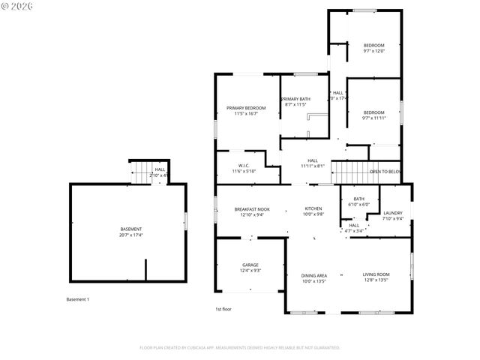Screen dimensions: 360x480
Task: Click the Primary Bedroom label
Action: pyautogui.click(x=246, y=108)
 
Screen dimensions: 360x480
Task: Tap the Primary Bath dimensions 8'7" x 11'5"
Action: pyautogui.click(x=295, y=105)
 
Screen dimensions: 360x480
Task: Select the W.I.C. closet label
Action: pyautogui.click(x=244, y=165)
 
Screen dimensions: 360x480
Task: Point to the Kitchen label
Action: pyautogui.click(x=313, y=208)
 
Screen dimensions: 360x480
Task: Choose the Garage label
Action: pyautogui.click(x=250, y=265)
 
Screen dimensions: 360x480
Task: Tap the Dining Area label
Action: pyautogui.click(x=313, y=275)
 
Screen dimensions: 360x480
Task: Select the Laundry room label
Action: pyautogui.click(x=393, y=213)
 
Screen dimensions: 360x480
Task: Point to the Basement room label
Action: pyautogui.click(x=131, y=229)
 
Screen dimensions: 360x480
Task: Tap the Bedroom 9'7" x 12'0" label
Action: pyautogui.click(x=373, y=45)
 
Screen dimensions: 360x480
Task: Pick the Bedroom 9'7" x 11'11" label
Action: pyautogui.click(x=373, y=112)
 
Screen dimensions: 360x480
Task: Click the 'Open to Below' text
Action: pyautogui.click(x=385, y=172)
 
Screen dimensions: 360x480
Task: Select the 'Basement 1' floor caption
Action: pyautogui.click(x=78, y=299)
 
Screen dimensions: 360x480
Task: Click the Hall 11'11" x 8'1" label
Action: pyautogui.click(x=313, y=163)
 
